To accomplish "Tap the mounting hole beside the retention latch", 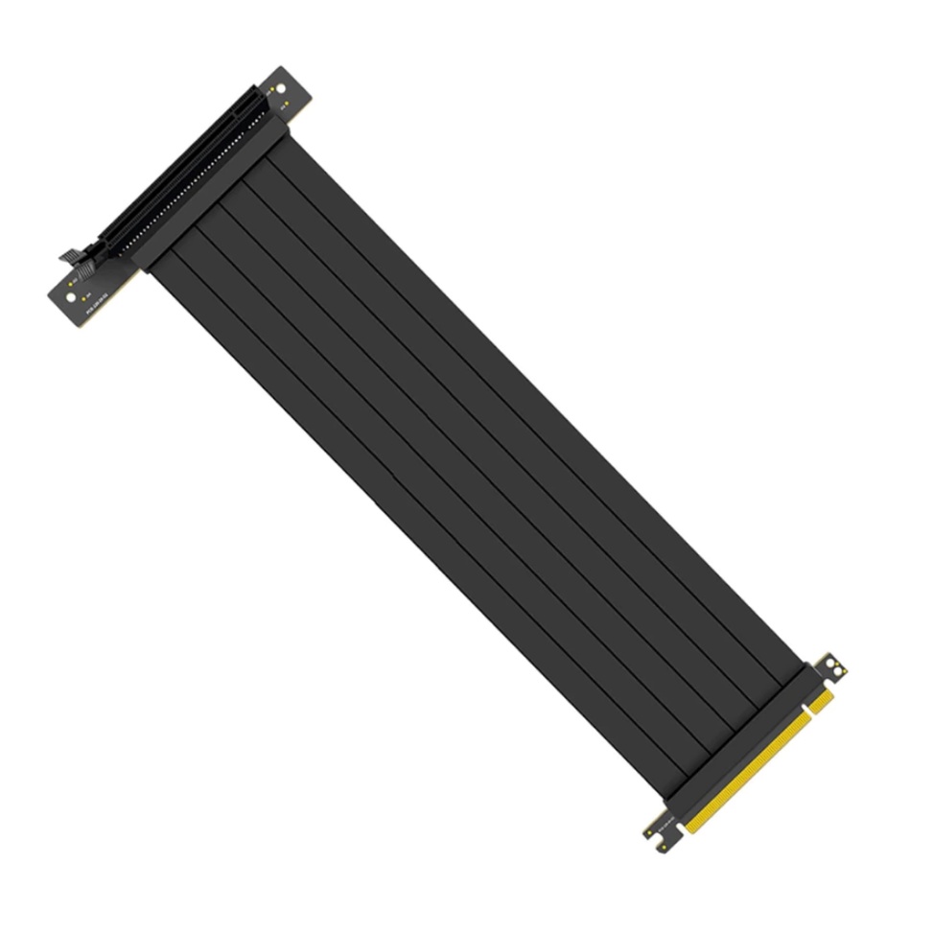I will click(x=70, y=296).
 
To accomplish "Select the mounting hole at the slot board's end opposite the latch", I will click(x=280, y=88).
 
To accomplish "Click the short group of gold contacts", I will click(x=821, y=701).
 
